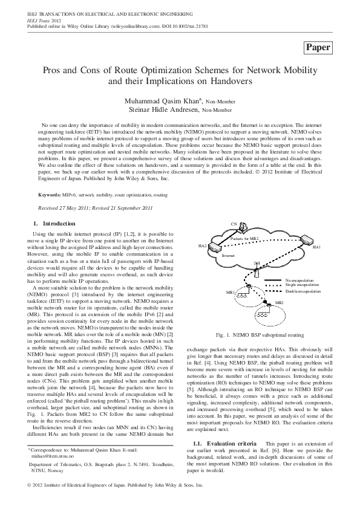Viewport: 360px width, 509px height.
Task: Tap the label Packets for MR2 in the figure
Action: pyautogui.click(x=245, y=239)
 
